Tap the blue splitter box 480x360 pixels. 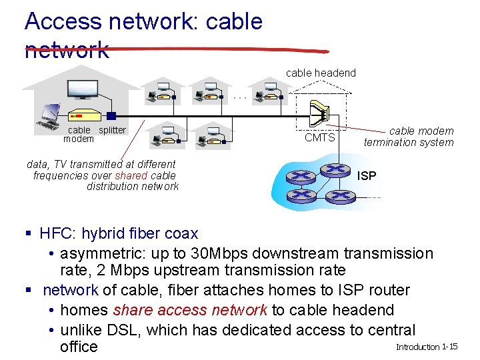(x=111, y=116)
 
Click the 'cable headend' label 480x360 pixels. (x=321, y=73)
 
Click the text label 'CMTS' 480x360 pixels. (x=319, y=138)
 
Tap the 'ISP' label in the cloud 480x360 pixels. (x=367, y=176)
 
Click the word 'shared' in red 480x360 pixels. (x=131, y=175)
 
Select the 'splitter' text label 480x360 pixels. (x=112, y=130)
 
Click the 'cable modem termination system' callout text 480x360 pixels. (x=408, y=137)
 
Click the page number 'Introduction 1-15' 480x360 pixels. (x=427, y=347)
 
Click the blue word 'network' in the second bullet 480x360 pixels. (x=71, y=291)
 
